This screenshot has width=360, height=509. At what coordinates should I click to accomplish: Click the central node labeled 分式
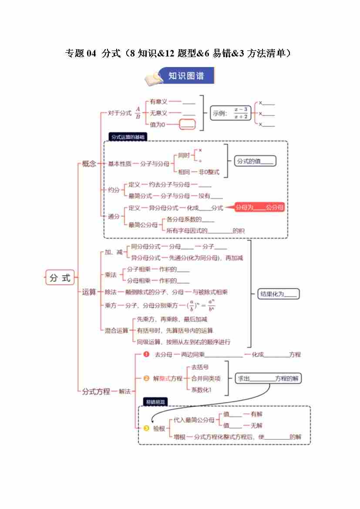pos(60,278)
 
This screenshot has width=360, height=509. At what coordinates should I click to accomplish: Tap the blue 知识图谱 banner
pos(186,76)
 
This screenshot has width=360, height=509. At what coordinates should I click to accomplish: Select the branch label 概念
pos(89,164)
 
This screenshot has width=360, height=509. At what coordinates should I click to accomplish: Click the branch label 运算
pos(89,292)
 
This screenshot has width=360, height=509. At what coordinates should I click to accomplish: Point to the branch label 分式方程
pos(96,391)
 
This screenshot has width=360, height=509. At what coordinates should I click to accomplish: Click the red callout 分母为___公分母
pos(259,208)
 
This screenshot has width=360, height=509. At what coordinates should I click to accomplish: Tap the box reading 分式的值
pos(255,161)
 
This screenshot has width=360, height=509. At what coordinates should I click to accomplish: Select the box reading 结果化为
pos(279,294)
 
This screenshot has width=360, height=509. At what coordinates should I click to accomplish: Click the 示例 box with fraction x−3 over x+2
pos(230,113)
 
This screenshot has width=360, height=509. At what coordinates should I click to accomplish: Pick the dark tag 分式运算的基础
pos(127,137)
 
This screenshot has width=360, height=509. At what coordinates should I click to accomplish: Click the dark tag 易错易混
pos(155,401)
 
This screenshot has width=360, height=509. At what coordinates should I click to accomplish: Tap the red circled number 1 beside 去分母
pos(147,354)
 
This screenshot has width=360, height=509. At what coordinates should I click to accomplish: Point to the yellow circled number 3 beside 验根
pos(147,428)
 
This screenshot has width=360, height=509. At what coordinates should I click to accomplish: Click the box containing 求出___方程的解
pos(269,378)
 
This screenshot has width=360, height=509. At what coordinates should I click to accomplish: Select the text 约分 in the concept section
pos(114,190)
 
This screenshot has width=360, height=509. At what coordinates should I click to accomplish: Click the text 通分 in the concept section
pos(114,216)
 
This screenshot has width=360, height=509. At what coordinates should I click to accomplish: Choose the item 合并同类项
pos(206,378)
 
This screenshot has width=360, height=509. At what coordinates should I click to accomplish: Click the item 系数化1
pos(201,390)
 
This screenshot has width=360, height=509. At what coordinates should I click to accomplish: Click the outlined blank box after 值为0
pos(187,125)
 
